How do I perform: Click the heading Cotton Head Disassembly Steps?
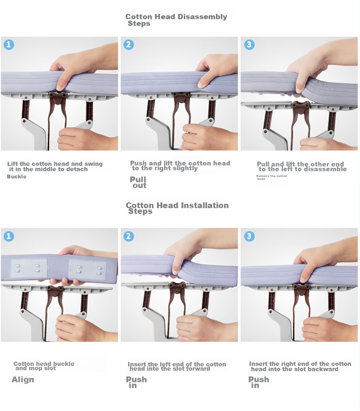pyautogui.click(x=176, y=20)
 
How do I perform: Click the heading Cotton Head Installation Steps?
pyautogui.click(x=177, y=208)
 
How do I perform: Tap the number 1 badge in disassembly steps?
pyautogui.click(x=9, y=45)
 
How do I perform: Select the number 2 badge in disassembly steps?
pyautogui.click(x=129, y=45)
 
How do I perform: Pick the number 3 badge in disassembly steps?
pyautogui.click(x=249, y=45)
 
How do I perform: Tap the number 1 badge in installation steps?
pyautogui.click(x=9, y=236)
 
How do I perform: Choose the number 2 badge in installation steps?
pyautogui.click(x=129, y=236)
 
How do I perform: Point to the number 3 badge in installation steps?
pyautogui.click(x=249, y=236)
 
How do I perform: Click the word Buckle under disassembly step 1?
pyautogui.click(x=16, y=176)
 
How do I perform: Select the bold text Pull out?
pyautogui.click(x=138, y=182)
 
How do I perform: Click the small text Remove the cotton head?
pyautogui.click(x=272, y=177)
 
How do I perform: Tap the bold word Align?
pyautogui.click(x=23, y=379)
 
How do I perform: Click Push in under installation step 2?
pyautogui.click(x=136, y=382)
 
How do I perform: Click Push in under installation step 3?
pyautogui.click(x=259, y=382)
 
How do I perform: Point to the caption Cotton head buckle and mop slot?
pyautogui.click(x=44, y=366)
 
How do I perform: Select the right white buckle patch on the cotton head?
pyautogui.click(x=88, y=270)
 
